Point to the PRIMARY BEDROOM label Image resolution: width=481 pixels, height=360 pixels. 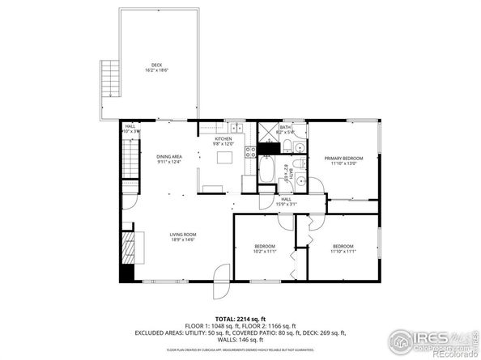coord(343,159)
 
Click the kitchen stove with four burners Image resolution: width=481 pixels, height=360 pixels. coord(250,150)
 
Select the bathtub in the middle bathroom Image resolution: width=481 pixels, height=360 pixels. coord(267,172)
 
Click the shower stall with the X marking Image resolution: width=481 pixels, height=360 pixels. coord(266,134)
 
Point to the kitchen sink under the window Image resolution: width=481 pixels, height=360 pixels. coord(236,128)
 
